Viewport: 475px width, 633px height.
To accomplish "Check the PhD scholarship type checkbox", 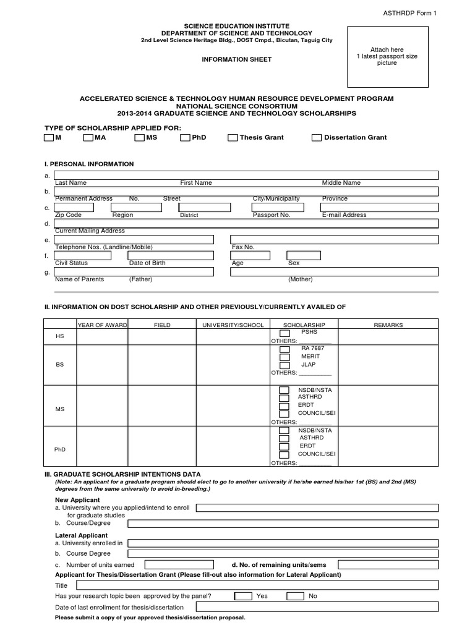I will [x=185, y=138].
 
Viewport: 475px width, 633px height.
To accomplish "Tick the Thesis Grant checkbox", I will [x=233, y=138].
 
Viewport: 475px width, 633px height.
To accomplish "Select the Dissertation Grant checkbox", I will [x=317, y=138].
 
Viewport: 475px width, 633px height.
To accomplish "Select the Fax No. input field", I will [x=334, y=239].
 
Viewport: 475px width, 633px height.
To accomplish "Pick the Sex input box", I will [x=304, y=255].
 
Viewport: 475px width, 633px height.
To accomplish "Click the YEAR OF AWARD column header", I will [x=101, y=325].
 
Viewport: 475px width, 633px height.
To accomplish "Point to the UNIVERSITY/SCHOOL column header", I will [x=233, y=325].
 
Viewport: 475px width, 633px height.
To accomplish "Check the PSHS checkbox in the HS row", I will [x=284, y=333].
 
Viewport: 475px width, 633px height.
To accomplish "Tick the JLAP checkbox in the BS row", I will [x=284, y=365].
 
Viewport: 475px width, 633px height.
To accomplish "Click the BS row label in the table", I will [x=60, y=365].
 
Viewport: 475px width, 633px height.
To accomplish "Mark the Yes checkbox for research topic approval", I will [x=243, y=596].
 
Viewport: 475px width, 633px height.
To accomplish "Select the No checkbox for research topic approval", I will [x=295, y=596].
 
